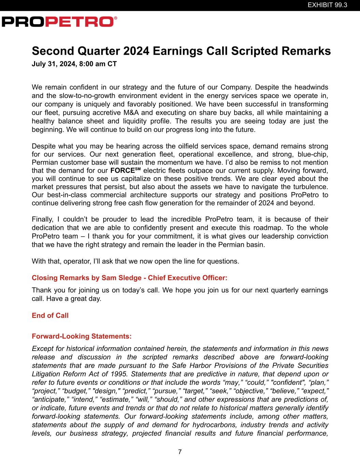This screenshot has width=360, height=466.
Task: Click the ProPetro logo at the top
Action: click(x=59, y=22)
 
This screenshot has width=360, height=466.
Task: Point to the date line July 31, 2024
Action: click(x=74, y=64)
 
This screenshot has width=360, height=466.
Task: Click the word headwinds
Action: click(x=312, y=87)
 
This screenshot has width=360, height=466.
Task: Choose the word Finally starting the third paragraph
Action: click(x=43, y=219)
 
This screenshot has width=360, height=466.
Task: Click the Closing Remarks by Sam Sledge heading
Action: click(x=129, y=278)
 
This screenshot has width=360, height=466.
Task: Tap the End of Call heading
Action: click(x=50, y=315)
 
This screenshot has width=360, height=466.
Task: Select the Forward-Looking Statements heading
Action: click(x=82, y=336)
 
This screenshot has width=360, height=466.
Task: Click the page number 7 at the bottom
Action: click(x=180, y=452)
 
